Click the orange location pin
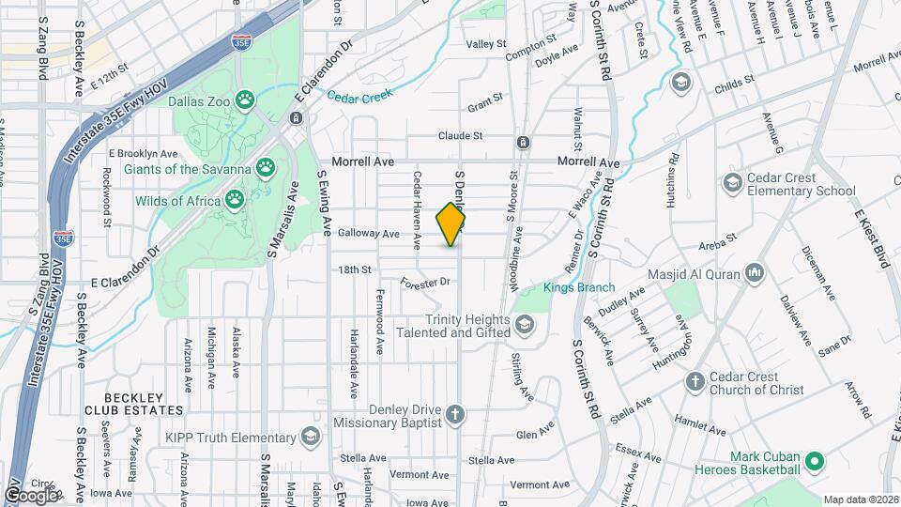click(451, 223)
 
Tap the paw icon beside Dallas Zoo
click(246, 98)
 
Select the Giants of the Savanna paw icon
click(268, 169)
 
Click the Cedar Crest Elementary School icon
click(731, 180)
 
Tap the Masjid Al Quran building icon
click(754, 272)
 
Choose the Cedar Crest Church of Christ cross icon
click(695, 382)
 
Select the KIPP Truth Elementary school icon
click(310, 438)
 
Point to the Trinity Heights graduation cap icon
click(524, 325)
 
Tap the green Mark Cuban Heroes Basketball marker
click(816, 460)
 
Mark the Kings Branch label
click(579, 287)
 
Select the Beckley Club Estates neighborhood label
click(132, 404)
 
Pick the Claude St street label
click(460, 135)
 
